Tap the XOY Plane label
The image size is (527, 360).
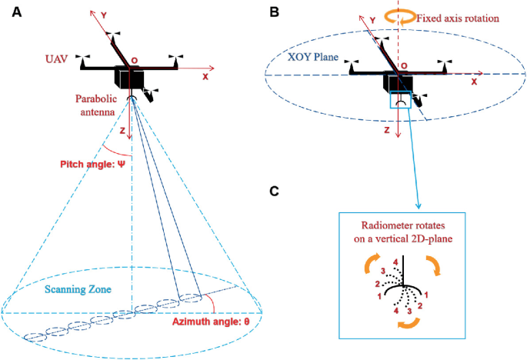point(305,56)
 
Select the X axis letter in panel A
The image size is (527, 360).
point(205,78)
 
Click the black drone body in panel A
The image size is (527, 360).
point(128,78)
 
